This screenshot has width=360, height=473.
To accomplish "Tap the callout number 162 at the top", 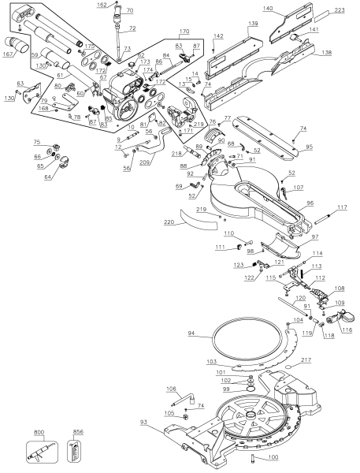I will [x=113, y=5].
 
